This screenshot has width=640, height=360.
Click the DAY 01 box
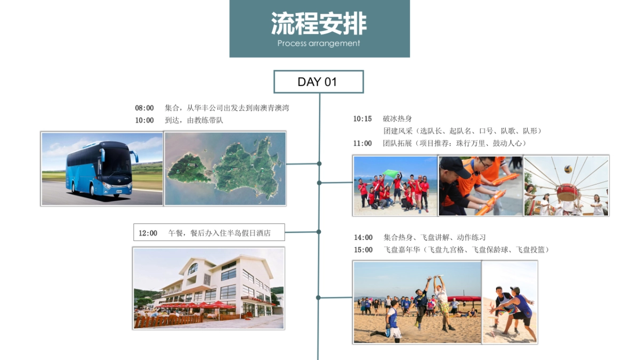pyautogui.click(x=318, y=82)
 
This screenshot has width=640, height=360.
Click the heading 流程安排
pyautogui.click(x=319, y=24)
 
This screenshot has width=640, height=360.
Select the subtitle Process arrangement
pyautogui.click(x=319, y=44)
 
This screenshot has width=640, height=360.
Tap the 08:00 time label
pyautogui.click(x=144, y=108)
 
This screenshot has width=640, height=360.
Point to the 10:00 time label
pyautogui.click(x=144, y=121)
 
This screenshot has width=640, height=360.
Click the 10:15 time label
pyautogui.click(x=362, y=119)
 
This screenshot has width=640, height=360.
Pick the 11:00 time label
pyautogui.click(x=362, y=143)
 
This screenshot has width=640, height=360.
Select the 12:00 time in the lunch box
pyautogui.click(x=148, y=233)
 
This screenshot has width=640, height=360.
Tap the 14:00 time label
pyautogui.click(x=363, y=237)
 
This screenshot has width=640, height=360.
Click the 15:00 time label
pyautogui.click(x=363, y=250)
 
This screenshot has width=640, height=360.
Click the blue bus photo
pyautogui.click(x=102, y=169)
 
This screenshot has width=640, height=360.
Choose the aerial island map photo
pyautogui.click(x=225, y=169)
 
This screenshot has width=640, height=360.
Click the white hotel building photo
pyautogui.click(x=209, y=288)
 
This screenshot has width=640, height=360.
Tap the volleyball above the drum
pyautogui.click(x=569, y=170)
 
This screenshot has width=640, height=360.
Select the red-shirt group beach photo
pyautogui.click(x=395, y=186)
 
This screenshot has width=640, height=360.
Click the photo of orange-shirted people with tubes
pyautogui.click(x=481, y=186)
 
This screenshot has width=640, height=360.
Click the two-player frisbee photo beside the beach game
pyautogui.click(x=510, y=302)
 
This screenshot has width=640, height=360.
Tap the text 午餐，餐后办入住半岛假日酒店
pyautogui.click(x=220, y=233)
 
